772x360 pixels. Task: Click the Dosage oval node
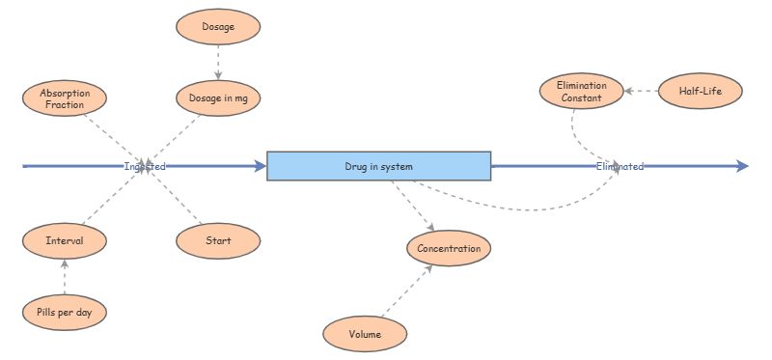[x=218, y=26]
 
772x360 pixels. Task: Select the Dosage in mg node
[x=218, y=97]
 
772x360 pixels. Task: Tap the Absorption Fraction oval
[x=64, y=97]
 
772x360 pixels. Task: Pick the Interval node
[x=64, y=240]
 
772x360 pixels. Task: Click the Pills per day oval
[x=64, y=312]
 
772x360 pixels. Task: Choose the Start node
[x=218, y=240]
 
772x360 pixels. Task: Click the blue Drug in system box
[x=378, y=166]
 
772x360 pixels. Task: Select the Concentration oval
[x=449, y=248]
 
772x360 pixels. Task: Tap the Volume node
[x=365, y=334]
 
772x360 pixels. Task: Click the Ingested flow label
[x=145, y=166]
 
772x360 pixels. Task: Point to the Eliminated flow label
[x=620, y=166]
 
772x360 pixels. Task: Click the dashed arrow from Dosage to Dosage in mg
[x=218, y=62]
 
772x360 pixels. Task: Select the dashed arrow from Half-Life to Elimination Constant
[x=640, y=92]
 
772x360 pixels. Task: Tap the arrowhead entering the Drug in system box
[x=259, y=166]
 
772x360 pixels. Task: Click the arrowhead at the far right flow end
[x=742, y=166]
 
